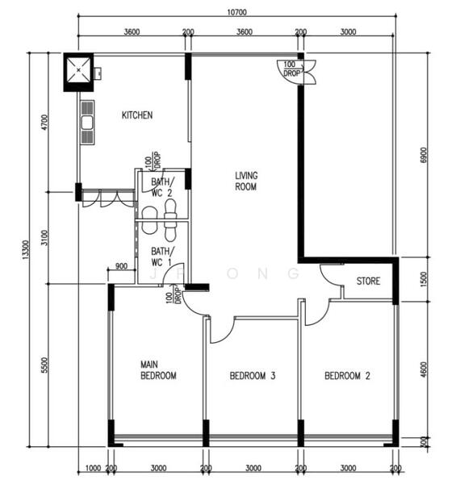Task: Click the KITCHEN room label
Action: point(137,115)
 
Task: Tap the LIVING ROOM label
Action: point(246,181)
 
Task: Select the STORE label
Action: point(368,281)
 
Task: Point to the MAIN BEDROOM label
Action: point(158,370)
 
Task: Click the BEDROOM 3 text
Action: point(253,376)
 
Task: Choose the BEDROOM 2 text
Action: point(347,376)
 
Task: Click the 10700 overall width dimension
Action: point(236,12)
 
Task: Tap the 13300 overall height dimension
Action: point(27,250)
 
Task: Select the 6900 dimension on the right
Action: point(423,155)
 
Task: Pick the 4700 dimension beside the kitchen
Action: point(45,123)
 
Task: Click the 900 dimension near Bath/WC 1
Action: point(121,265)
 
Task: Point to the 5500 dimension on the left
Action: point(45,365)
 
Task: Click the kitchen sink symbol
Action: point(87,123)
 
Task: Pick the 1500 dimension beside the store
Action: point(424,279)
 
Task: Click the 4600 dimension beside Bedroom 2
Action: point(424,369)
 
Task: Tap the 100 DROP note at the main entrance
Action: point(291,69)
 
